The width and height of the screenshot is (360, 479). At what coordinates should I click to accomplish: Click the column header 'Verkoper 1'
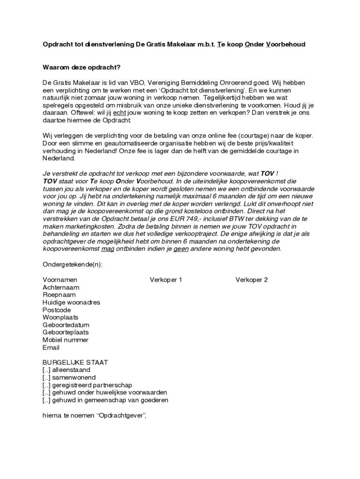(x=166, y=280)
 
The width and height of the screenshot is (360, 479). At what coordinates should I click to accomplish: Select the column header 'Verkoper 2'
(x=252, y=280)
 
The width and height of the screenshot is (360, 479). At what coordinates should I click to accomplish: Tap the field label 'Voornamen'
(x=60, y=280)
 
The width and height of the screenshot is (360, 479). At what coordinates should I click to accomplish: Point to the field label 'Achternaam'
(x=61, y=287)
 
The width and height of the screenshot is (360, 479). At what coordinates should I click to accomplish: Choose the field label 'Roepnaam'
(x=59, y=295)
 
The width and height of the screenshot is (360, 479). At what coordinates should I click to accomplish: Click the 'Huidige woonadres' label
(x=71, y=302)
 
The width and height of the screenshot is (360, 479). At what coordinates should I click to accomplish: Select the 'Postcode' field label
(x=57, y=310)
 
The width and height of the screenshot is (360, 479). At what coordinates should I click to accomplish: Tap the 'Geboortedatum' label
(x=65, y=325)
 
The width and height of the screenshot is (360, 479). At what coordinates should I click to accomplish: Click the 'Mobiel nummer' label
(x=65, y=340)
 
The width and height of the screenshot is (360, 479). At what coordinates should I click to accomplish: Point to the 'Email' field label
(x=51, y=348)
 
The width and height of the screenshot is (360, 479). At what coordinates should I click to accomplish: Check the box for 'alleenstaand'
(x=46, y=370)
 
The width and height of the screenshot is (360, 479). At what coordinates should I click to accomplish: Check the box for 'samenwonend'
(x=46, y=377)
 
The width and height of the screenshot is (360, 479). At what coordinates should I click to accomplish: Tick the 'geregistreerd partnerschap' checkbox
(x=46, y=385)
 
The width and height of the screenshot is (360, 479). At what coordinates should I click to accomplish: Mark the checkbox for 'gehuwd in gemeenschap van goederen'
(x=46, y=400)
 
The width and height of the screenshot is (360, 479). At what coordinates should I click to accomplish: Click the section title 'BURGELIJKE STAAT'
(x=75, y=363)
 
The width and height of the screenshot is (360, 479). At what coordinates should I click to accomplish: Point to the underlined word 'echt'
(x=120, y=113)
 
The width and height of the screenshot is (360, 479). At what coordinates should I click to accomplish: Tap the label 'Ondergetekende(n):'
(x=72, y=264)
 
